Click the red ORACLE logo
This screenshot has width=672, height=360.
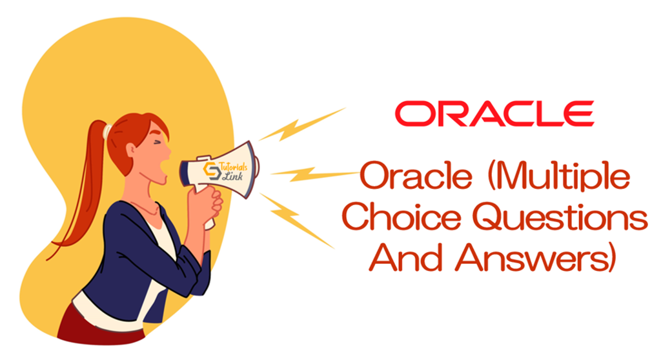pyautogui.click(x=494, y=114)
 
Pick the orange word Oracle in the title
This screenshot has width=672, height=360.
pyautogui.click(x=415, y=175)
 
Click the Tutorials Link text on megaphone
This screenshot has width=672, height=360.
pyautogui.click(x=232, y=171)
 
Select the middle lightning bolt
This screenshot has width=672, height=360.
pyautogui.click(x=314, y=174)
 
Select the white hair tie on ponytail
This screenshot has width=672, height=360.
pyautogui.click(x=107, y=131)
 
